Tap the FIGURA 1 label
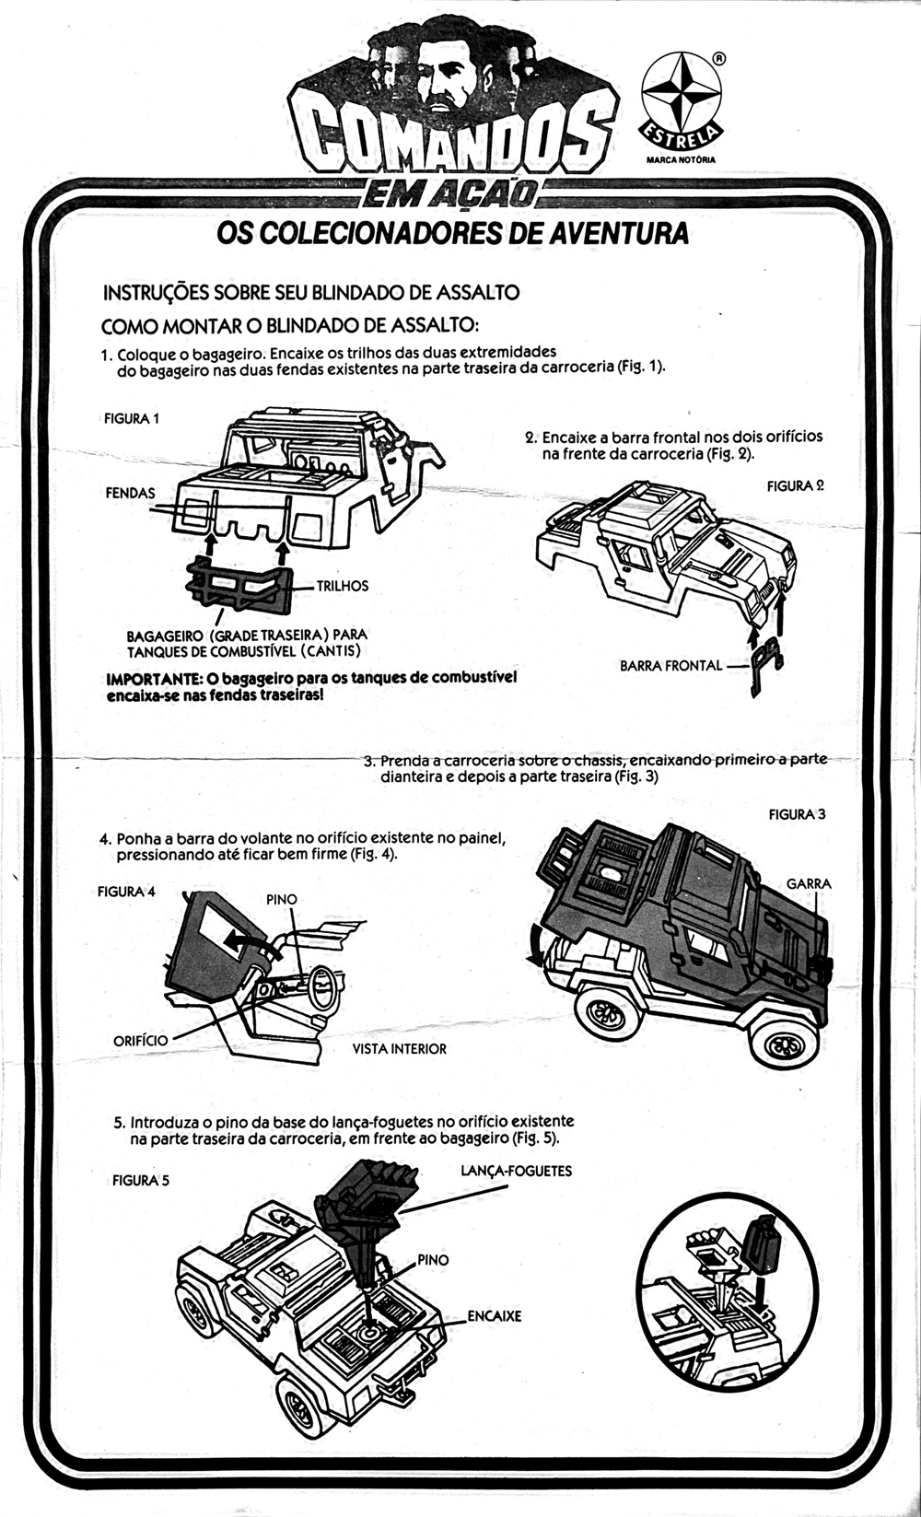pos(132,418)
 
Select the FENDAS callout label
pos(130,493)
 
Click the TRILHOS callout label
pos(343,585)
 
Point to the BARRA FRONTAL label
pos(671,665)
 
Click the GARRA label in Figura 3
pos(809,883)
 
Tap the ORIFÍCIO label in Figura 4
pos(140,1040)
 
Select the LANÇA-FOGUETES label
pos(517,1171)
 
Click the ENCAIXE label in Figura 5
pos(494,1316)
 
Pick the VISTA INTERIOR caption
pos(400,1048)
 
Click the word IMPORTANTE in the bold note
pos(153,679)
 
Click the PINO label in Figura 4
pos(281,899)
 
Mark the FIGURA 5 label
pos(141,1180)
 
